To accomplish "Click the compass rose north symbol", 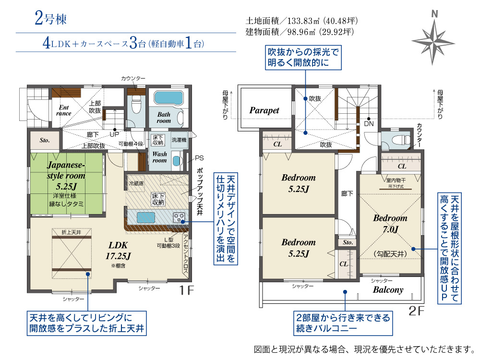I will pos(434,39).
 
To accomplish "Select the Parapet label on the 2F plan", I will pos(264,110).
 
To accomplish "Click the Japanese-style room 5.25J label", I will pos(66,176).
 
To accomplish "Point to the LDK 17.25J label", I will pos(118,250).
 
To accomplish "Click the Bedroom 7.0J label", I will pos(390,223).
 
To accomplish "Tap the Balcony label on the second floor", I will pos(388,290).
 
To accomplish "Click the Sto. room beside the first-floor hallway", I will pos(45,141).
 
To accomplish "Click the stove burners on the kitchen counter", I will pos(179,217).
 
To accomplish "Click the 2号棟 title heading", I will pos(50,19).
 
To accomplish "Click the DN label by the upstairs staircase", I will pos(368,123).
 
